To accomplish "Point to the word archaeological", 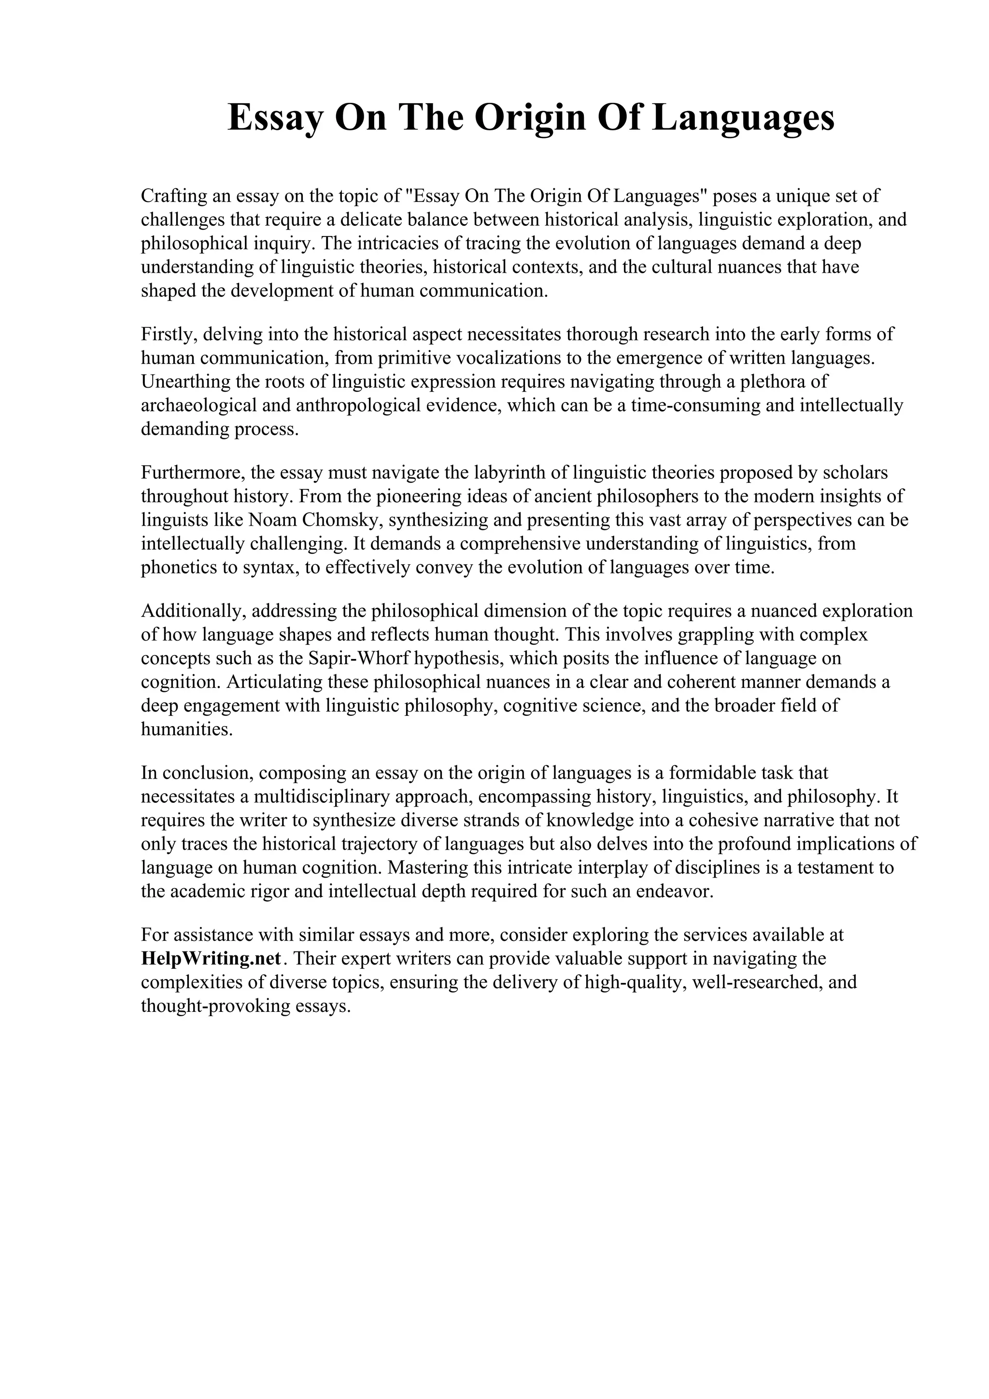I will (x=196, y=405).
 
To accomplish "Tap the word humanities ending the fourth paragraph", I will (x=186, y=729).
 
